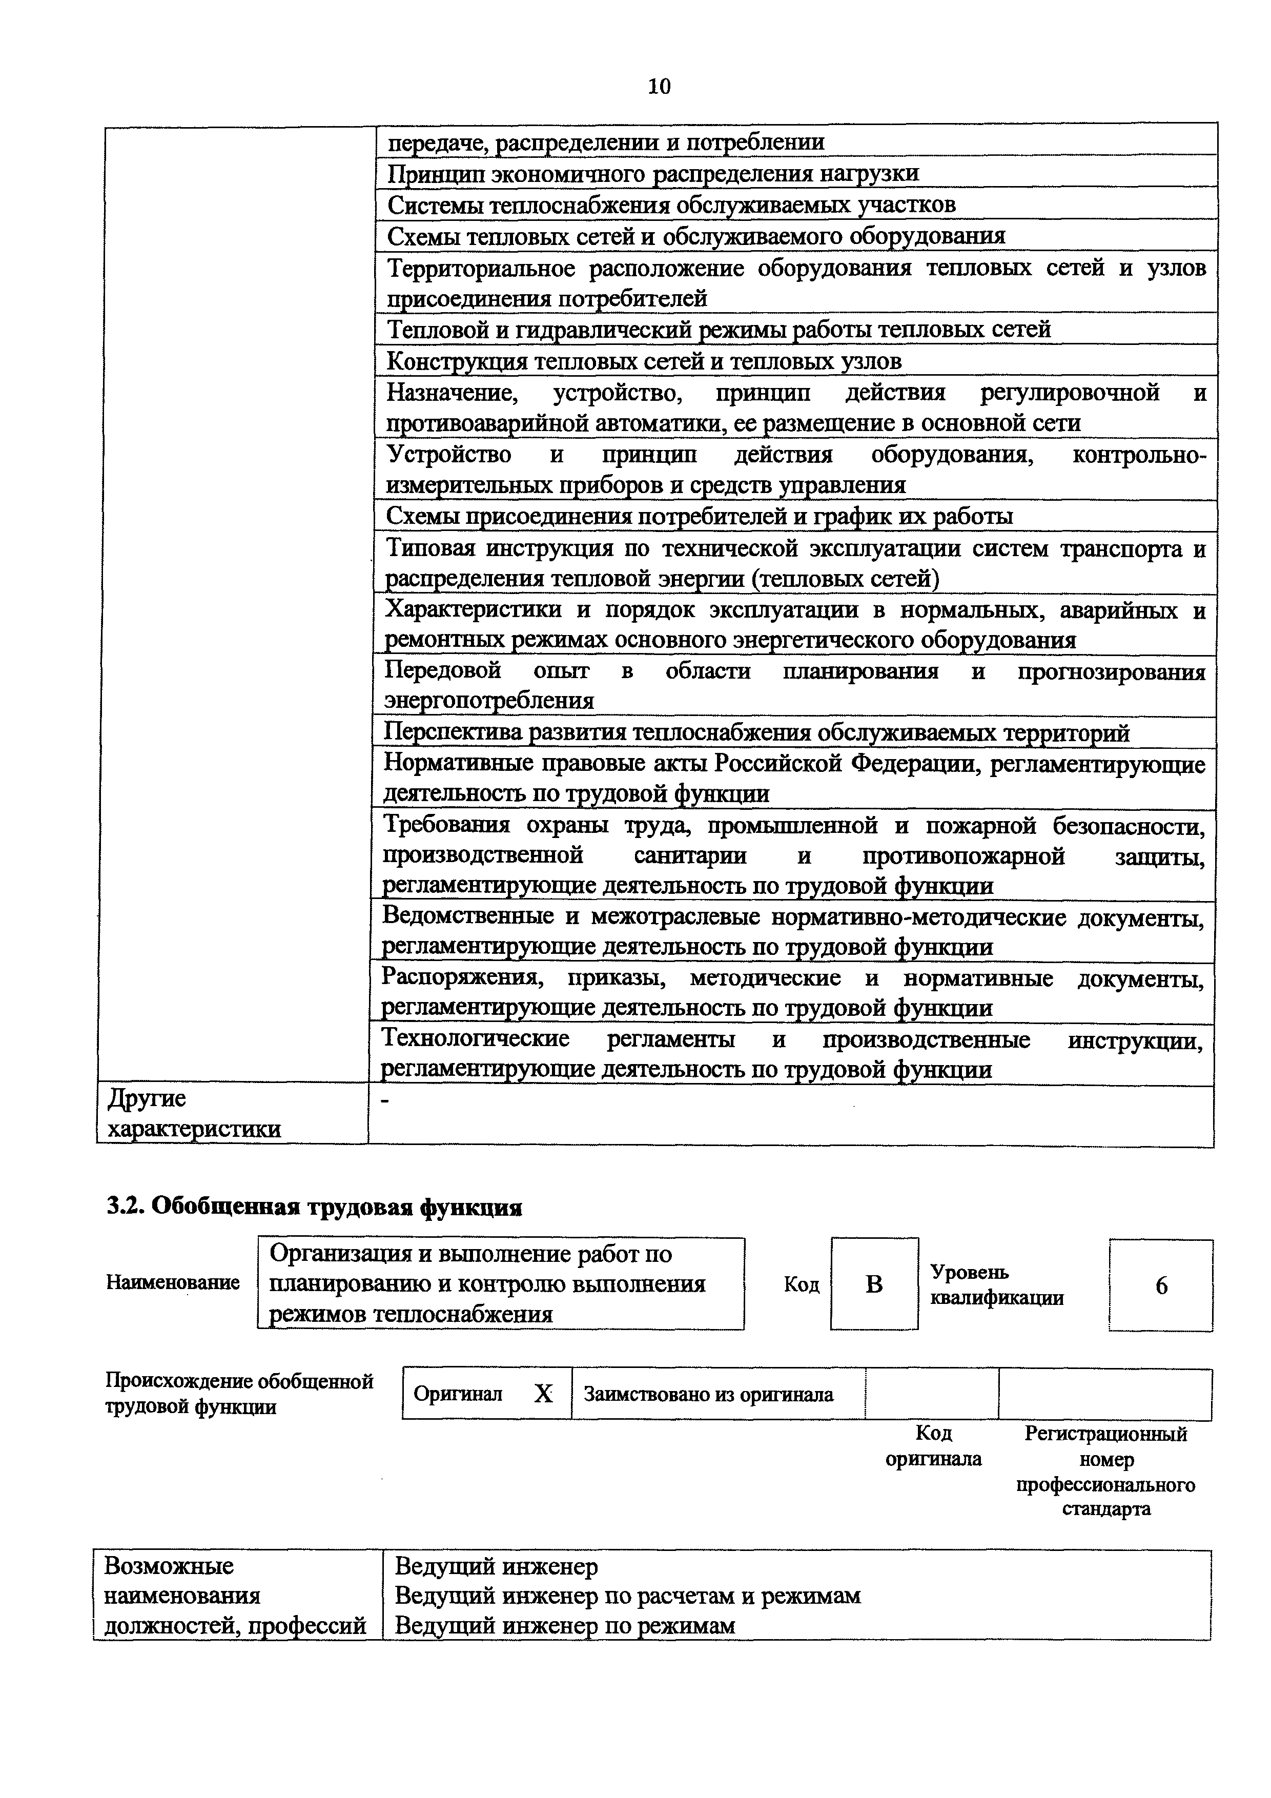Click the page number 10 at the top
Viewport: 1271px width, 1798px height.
click(660, 86)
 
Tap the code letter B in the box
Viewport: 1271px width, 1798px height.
click(874, 1284)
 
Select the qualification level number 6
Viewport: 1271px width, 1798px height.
click(1161, 1286)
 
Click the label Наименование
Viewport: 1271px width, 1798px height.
click(172, 1283)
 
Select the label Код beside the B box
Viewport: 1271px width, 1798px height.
click(801, 1285)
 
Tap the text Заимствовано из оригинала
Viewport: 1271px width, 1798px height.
click(709, 1395)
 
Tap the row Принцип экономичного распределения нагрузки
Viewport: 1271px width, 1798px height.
click(653, 173)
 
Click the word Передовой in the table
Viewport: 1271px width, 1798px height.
click(442, 671)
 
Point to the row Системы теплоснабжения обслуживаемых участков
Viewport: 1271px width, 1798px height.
click(672, 205)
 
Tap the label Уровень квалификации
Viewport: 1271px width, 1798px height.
click(996, 1285)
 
